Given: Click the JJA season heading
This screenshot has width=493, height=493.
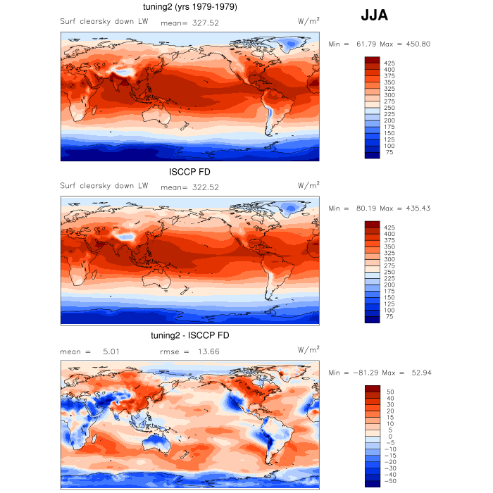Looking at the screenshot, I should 373,15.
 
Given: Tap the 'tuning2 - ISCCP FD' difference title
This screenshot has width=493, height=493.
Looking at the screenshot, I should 189,335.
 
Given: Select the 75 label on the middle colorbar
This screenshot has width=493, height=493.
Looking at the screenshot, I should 390,318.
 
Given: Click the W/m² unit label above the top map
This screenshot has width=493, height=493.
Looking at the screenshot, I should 308,21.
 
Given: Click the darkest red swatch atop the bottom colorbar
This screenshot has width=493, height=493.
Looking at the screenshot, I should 373,389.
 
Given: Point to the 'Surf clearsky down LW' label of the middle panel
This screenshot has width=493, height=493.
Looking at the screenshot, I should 104,186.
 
